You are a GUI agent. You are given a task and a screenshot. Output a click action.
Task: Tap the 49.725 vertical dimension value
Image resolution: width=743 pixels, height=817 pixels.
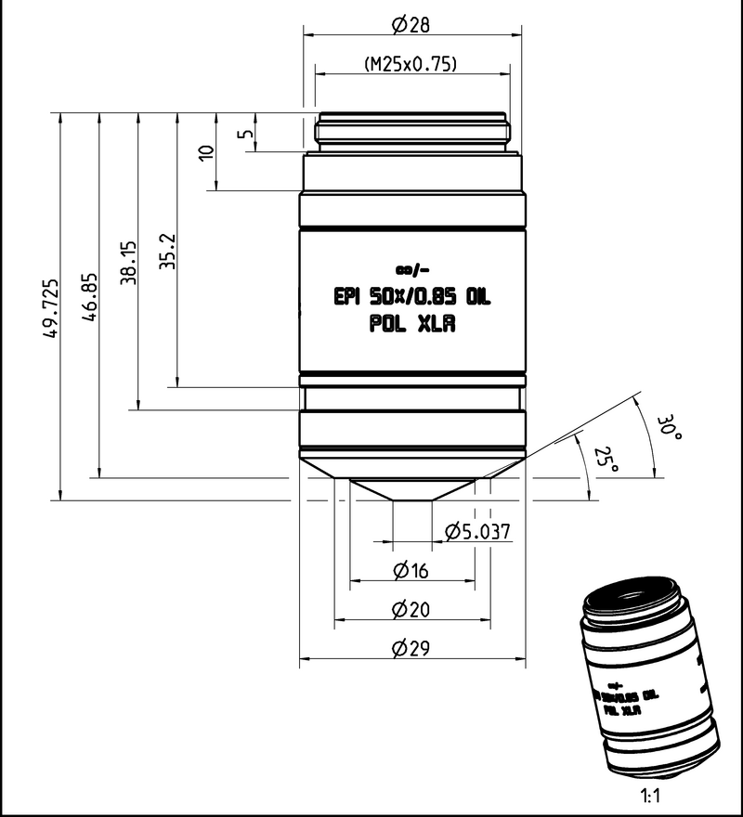[51, 306]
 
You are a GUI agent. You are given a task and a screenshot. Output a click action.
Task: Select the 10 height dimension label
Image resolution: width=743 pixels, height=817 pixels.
[206, 152]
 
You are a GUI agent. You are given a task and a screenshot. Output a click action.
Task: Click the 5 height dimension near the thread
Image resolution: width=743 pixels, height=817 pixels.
[245, 133]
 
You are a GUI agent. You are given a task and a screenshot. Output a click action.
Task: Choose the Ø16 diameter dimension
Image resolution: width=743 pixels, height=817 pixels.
[411, 571]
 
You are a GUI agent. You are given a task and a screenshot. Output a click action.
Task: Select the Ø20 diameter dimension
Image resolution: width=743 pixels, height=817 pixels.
[411, 610]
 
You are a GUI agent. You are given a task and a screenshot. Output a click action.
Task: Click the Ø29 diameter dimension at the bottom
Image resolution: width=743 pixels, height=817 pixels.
[411, 650]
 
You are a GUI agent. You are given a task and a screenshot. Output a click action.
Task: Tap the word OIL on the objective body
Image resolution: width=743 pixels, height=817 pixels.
[476, 298]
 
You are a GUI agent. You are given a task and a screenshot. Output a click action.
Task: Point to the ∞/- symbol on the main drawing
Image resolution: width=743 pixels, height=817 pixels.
[411, 270]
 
